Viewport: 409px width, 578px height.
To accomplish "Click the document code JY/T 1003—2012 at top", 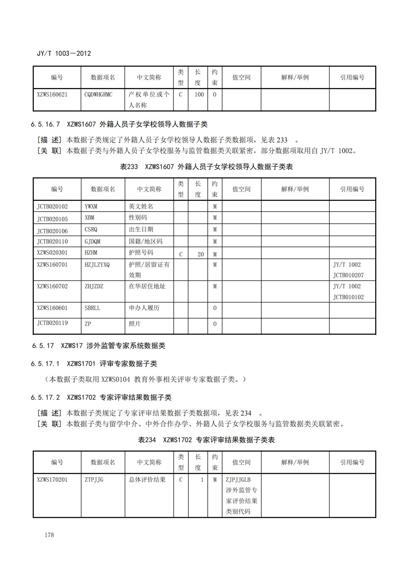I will point(64,53).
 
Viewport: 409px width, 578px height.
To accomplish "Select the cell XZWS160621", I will point(52,95).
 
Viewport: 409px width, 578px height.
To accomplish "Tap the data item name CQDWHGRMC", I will point(98,95).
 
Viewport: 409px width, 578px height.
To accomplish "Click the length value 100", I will point(199,95).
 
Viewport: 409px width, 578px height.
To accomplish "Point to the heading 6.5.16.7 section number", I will point(45,124).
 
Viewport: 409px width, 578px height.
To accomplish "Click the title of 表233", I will point(206,167).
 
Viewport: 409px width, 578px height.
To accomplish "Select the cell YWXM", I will point(91,206).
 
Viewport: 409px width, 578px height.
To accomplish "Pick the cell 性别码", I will point(138,217).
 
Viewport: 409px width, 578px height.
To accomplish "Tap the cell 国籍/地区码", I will point(146,241).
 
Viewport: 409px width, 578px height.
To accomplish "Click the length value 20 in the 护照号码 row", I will point(201,254).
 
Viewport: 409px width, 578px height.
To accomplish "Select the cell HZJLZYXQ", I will point(97,265).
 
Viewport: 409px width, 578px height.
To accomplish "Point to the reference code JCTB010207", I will point(348,275).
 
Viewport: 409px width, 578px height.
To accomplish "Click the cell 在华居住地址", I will point(147,286).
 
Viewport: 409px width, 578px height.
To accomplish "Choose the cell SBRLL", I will point(92,308).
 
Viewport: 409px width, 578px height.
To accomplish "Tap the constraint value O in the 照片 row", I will point(215,324).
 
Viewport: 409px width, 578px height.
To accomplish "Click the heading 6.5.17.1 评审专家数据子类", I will point(94,364).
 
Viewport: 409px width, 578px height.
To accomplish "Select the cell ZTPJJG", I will point(94,480).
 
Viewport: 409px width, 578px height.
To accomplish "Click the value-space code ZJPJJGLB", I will point(238,480).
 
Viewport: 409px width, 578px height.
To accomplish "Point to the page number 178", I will point(49,535).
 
